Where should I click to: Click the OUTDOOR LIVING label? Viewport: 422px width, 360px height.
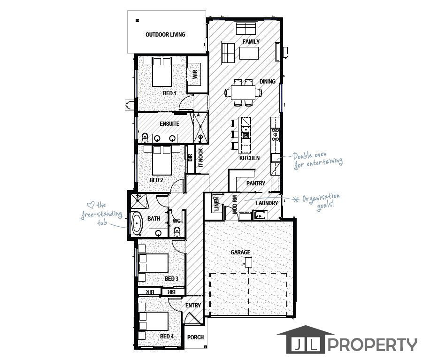(165, 34)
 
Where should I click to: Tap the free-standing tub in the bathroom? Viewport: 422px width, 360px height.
(137, 223)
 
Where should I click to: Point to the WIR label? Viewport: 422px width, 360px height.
(195, 74)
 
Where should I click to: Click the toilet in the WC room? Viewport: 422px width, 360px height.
(177, 232)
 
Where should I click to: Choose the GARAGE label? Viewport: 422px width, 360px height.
(240, 252)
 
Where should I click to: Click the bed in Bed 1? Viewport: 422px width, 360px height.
(162, 71)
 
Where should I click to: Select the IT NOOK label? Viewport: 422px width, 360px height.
(200, 158)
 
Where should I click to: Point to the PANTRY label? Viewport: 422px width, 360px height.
(256, 183)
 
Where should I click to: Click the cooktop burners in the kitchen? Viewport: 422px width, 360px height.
(276, 134)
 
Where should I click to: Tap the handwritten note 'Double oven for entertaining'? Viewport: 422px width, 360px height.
(318, 160)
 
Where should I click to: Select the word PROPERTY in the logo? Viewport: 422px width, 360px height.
(372, 345)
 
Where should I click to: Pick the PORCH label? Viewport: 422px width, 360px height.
(195, 337)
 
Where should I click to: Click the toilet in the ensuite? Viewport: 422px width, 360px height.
(145, 138)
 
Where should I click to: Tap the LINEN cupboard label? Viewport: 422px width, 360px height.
(217, 204)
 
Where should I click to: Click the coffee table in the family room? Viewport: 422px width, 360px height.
(249, 53)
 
